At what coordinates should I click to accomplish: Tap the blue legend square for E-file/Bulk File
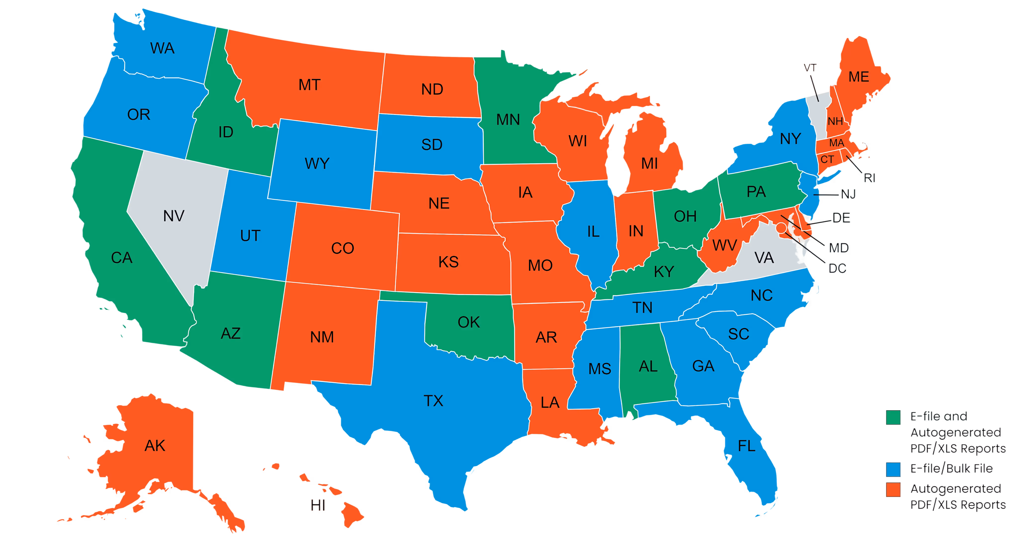893,469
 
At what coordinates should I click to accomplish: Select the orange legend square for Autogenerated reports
893,489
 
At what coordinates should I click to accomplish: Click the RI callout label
869,178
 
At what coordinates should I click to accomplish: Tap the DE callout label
841,218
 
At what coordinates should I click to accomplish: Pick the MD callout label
839,248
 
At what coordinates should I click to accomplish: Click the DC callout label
837,269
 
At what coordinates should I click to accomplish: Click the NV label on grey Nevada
174,216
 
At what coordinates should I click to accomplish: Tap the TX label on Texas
433,401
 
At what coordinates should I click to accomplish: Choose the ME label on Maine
859,77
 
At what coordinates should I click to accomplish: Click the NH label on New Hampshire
835,121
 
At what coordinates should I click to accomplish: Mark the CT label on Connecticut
827,160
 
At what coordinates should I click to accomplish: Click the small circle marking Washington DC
781,228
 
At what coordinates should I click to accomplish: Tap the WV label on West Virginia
724,246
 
